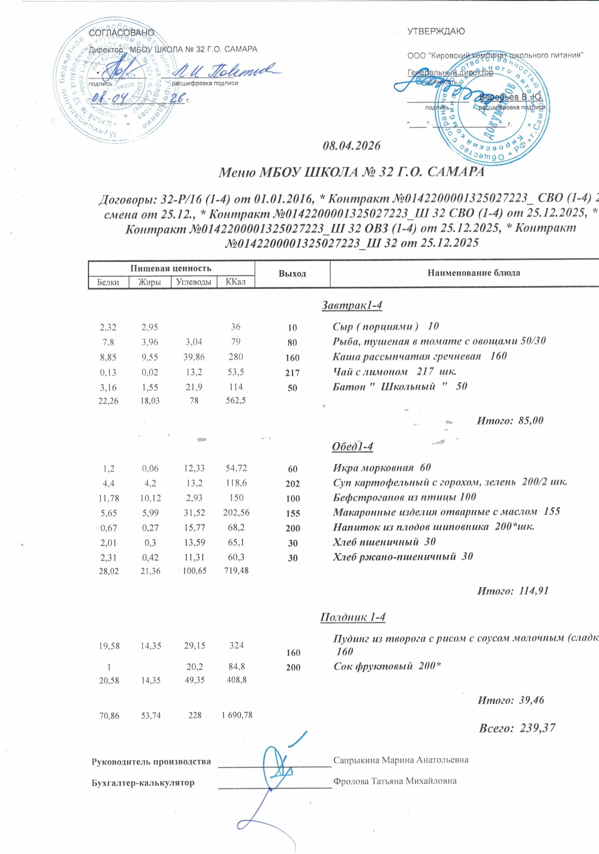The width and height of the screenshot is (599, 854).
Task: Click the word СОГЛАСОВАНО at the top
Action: coord(121,33)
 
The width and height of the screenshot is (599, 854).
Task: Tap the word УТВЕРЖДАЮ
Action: coord(436,32)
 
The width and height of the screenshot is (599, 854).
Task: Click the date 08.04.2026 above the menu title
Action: coord(352,145)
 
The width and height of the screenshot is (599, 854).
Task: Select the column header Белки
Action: coord(108,282)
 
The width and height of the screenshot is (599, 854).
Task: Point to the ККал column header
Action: coord(236,282)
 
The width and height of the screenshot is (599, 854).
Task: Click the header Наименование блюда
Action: coord(473,273)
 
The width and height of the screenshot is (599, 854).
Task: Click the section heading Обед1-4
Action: coord(352,447)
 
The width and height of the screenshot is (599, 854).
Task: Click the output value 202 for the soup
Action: coord(293,484)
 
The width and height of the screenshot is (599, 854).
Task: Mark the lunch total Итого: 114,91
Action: coord(513,591)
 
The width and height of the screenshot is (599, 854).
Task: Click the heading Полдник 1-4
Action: coord(353,617)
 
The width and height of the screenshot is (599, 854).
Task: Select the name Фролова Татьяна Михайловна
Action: coord(395,781)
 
